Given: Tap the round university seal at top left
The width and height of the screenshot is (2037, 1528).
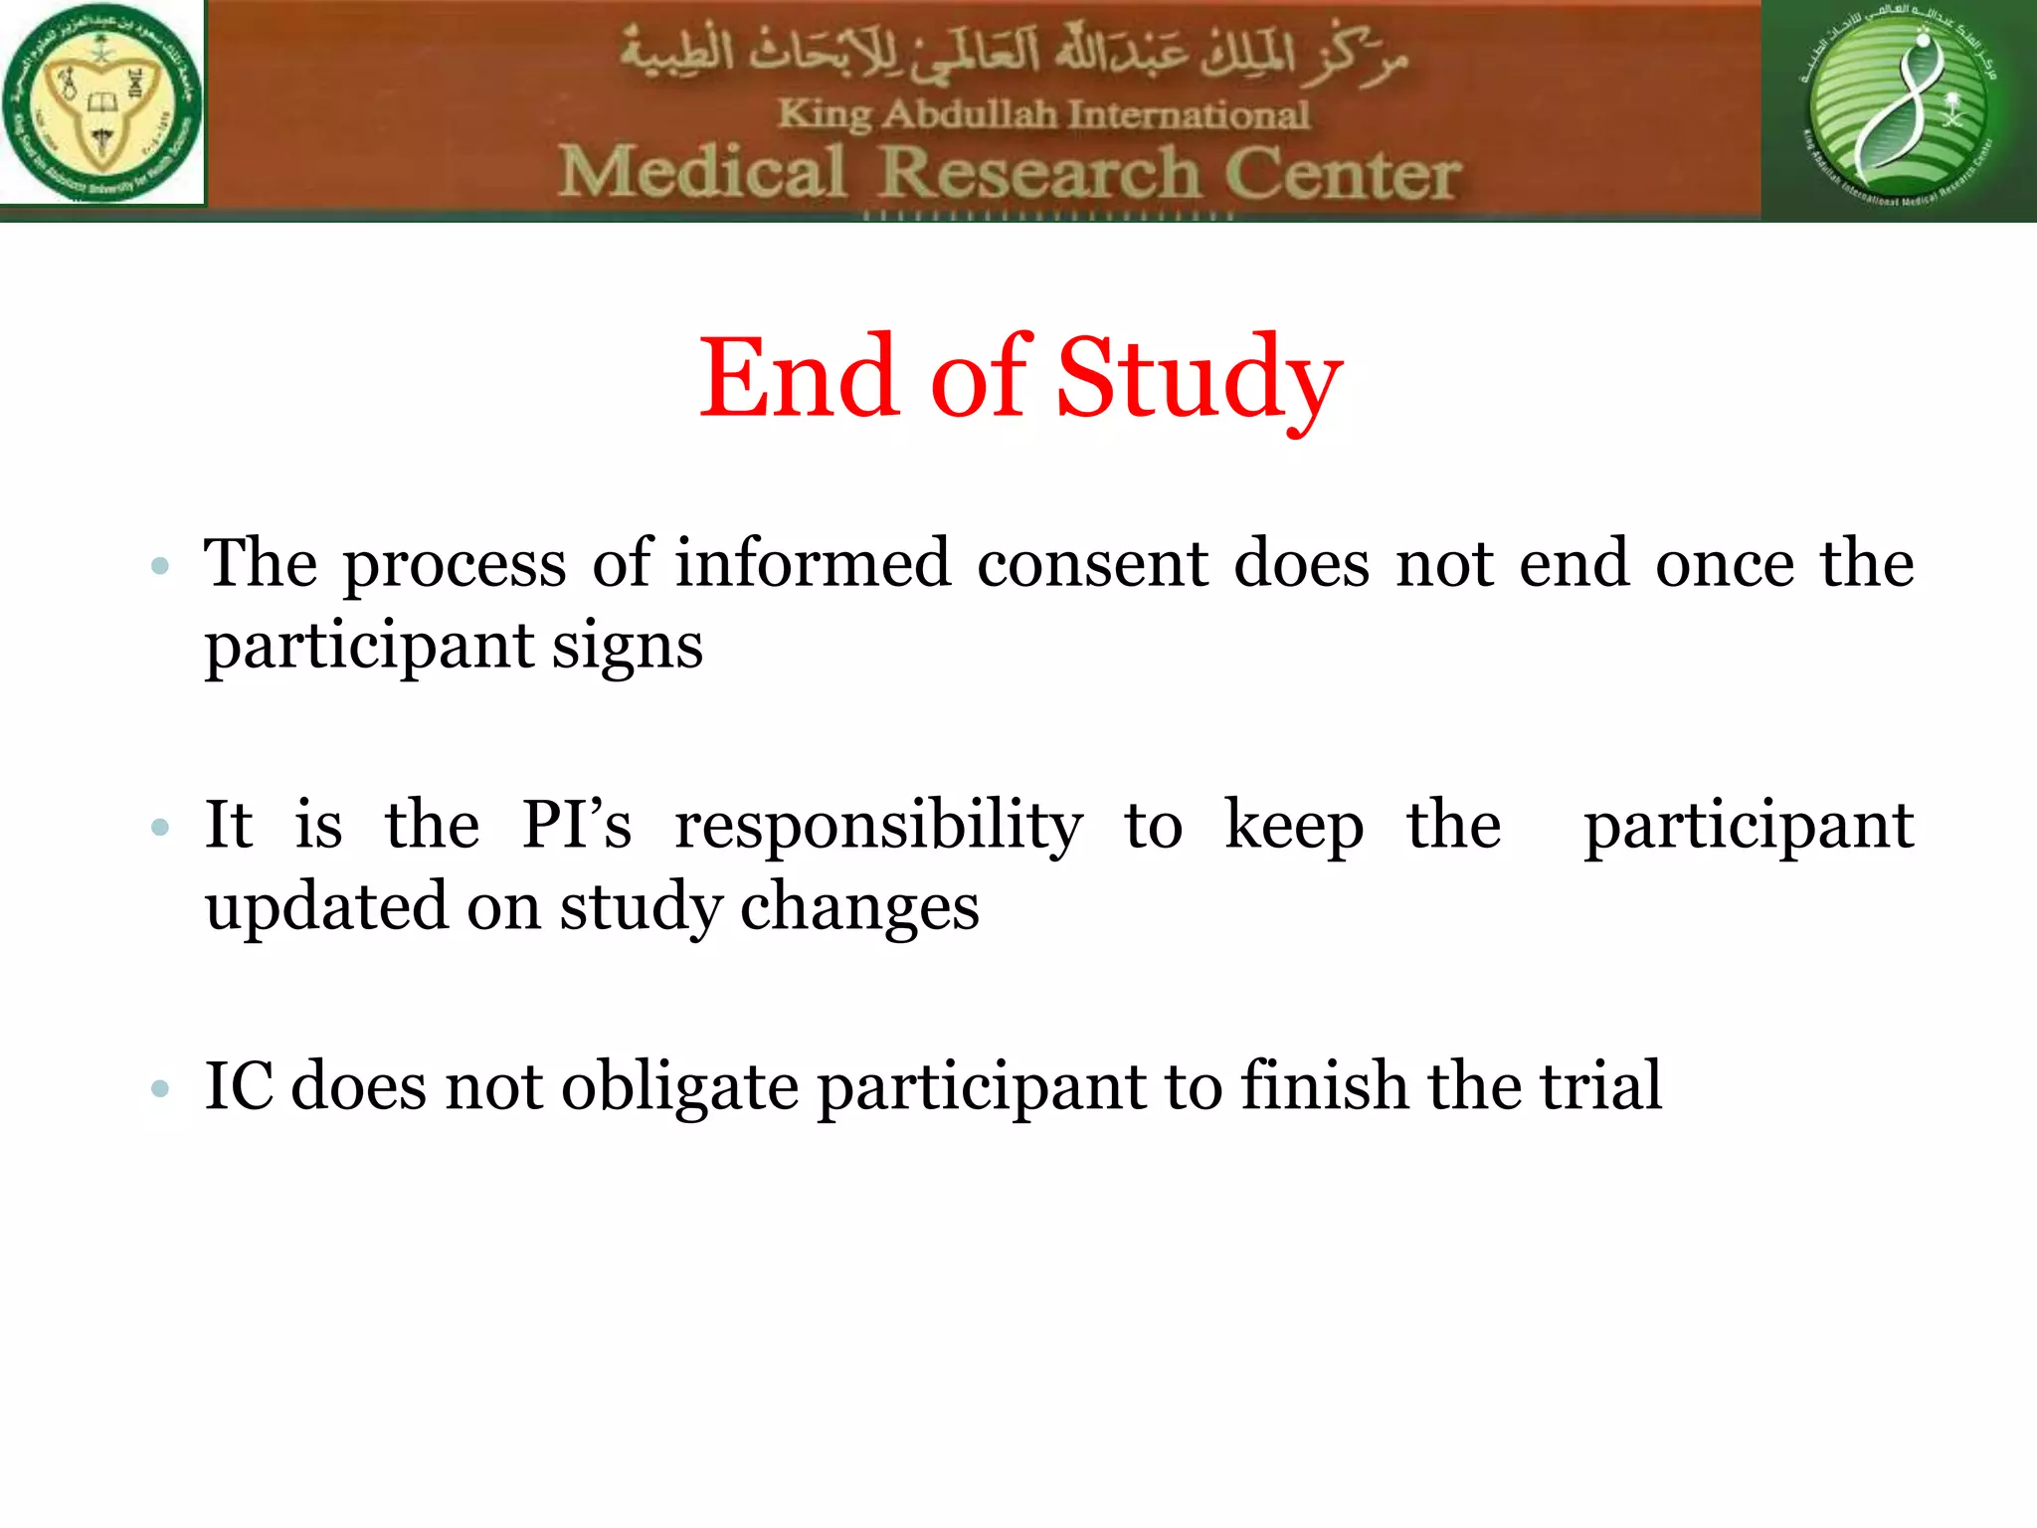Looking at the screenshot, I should pos(101,102).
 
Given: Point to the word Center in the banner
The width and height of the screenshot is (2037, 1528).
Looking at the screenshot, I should pos(1343,174).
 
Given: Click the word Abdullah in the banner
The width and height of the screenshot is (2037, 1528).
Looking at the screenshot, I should pos(970,114).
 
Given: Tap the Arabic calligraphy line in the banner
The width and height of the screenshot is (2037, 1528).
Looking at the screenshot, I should pos(1015,55).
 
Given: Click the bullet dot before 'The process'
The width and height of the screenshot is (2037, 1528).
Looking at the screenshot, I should pos(160,567).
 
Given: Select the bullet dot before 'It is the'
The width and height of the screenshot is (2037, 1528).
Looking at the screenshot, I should pos(160,827).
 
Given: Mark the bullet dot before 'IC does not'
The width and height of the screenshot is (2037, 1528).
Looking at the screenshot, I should pos(160,1088).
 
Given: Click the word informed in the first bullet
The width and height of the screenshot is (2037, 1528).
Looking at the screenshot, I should pos(813,564).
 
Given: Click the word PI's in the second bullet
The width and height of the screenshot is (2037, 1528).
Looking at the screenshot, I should pos(577,825).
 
